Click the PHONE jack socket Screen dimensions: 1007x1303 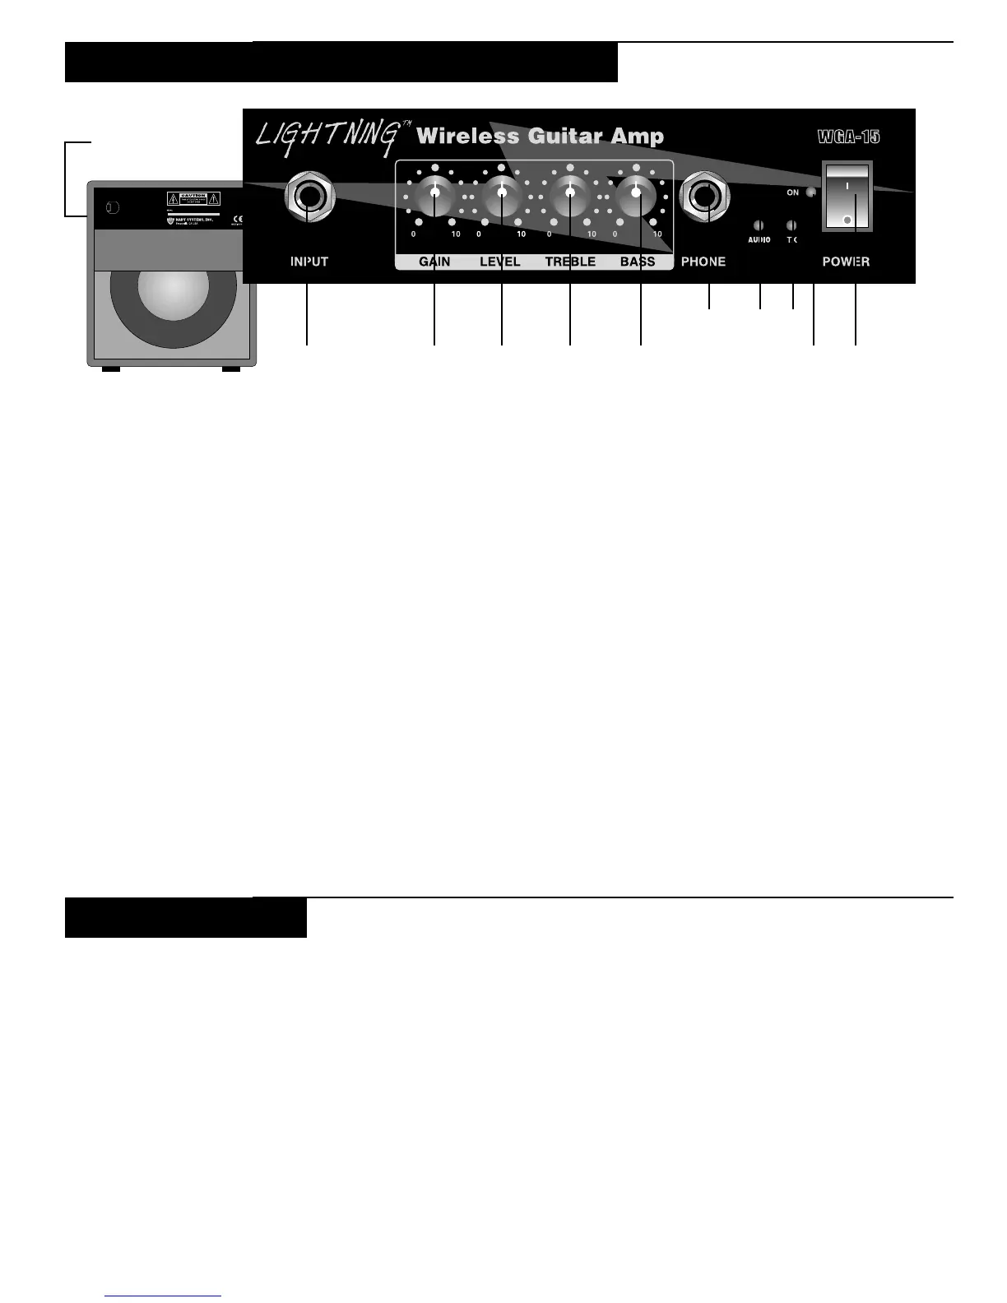[704, 197]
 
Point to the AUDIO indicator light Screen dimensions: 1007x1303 [759, 225]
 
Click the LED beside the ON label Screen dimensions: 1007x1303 [811, 192]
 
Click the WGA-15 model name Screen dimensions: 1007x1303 [848, 137]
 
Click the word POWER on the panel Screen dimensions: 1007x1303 [846, 262]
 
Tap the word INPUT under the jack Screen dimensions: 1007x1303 [309, 262]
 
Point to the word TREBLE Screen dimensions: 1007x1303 [570, 262]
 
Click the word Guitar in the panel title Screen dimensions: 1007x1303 [564, 137]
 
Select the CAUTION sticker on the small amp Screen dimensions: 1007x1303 [193, 198]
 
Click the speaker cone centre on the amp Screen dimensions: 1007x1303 [174, 293]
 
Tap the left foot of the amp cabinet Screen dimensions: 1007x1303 [110, 369]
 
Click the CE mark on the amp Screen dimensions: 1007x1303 [238, 220]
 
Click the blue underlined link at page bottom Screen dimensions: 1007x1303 [163, 1296]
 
